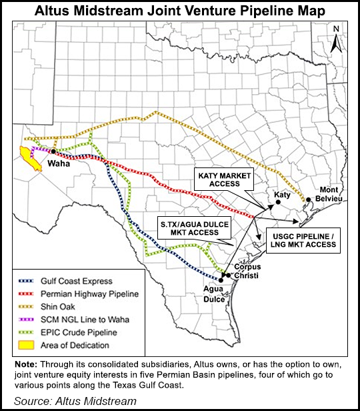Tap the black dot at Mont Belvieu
309,199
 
